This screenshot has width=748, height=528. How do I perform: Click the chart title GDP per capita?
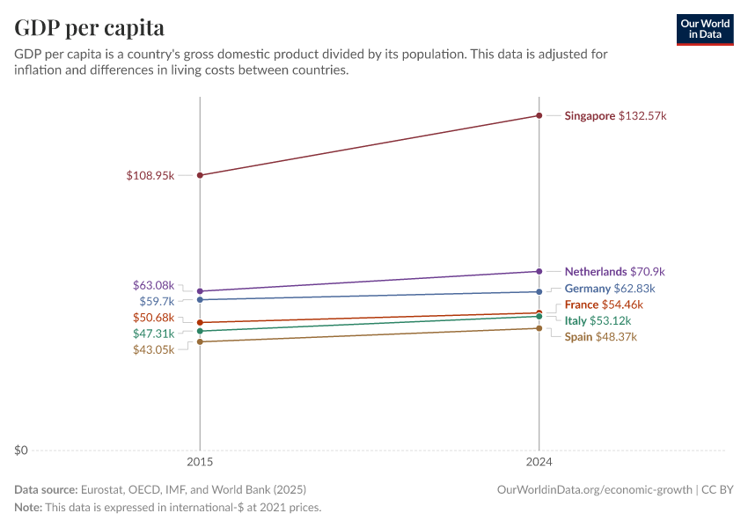pos(89,27)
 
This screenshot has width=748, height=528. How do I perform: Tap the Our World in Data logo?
pos(705,29)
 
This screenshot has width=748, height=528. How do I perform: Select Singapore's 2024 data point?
pos(539,115)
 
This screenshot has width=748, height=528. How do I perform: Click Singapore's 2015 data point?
pos(200,175)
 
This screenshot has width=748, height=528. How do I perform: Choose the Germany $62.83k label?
pos(609,289)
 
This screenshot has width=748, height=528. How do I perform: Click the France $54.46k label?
pos(604,304)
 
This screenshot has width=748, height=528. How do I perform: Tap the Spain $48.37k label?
pos(600,337)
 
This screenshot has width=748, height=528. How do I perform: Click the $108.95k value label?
pos(150,176)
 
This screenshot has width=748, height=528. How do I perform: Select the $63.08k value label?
pos(153,285)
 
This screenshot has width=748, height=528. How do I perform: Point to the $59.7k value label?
pos(157,301)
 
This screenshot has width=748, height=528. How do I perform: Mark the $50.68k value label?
pos(153,317)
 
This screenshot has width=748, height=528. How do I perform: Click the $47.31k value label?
pos(153,334)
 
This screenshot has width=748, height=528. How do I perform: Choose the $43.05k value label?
pos(153,349)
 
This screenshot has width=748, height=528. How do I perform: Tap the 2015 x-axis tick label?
pos(200,461)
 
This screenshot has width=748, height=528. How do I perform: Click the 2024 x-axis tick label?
pos(539,461)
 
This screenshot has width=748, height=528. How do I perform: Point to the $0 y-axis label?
pos(21,451)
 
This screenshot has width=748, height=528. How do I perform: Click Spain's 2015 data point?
pos(200,341)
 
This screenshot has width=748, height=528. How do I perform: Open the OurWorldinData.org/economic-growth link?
pos(595,489)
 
